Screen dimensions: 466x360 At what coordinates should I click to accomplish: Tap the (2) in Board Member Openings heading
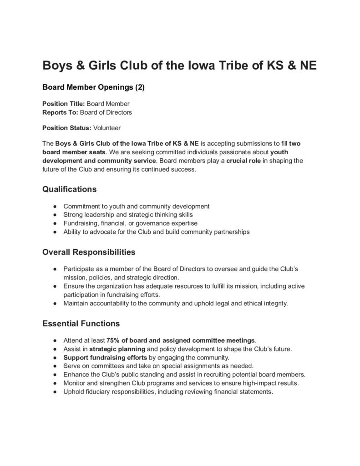pyautogui.click(x=137, y=87)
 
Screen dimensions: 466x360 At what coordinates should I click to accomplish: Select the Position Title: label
pyautogui.click(x=63, y=104)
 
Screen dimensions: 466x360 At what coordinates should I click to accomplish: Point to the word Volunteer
pyautogui.click(x=107, y=127)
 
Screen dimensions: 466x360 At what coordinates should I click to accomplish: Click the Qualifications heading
pyautogui.click(x=69, y=188)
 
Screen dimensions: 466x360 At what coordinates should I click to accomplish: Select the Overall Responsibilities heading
pyautogui.click(x=89, y=252)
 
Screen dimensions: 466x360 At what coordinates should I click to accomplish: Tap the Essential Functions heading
pyautogui.click(x=81, y=324)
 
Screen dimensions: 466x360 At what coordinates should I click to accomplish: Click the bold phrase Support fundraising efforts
pyautogui.click(x=105, y=357)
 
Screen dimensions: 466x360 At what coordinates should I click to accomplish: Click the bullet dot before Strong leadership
pyautogui.click(x=55, y=215)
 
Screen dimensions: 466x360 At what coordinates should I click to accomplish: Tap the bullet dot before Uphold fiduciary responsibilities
pyautogui.click(x=55, y=392)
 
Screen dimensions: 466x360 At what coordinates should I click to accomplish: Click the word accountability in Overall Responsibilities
pyautogui.click(x=110, y=303)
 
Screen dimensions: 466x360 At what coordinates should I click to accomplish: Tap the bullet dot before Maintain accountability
pyautogui.click(x=55, y=303)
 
